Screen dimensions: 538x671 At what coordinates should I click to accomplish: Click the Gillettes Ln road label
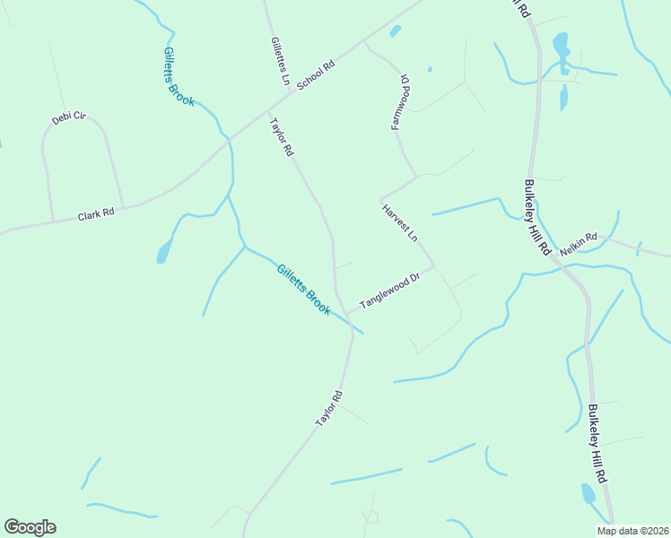tap(279, 61)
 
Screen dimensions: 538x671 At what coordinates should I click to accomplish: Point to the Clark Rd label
tap(96, 215)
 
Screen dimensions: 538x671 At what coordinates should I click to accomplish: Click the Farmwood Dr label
tap(400, 102)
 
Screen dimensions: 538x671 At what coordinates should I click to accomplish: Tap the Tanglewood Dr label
tap(390, 291)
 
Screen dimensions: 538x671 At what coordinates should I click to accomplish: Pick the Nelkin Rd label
tap(579, 245)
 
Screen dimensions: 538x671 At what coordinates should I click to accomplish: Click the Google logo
tap(30, 527)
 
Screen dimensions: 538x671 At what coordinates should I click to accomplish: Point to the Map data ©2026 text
tap(632, 531)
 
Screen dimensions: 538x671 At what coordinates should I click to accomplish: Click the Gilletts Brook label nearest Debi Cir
tap(179, 77)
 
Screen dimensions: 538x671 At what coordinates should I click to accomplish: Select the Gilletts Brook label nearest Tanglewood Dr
tap(303, 289)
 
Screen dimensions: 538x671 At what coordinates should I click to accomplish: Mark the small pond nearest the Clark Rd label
tap(163, 252)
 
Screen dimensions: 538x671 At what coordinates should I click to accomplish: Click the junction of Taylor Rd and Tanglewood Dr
tap(347, 313)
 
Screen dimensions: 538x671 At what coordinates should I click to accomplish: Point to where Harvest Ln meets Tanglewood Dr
tap(436, 267)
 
